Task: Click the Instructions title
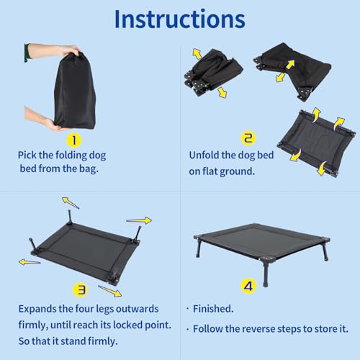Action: coord(180,19)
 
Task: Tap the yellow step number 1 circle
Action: coord(74,140)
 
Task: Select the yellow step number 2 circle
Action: coord(248,138)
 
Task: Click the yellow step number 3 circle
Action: coord(81,290)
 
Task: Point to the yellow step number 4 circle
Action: coord(248,286)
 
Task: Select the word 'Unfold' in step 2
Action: coord(204,155)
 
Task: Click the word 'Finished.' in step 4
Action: coord(213,309)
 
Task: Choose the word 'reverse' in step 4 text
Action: coord(256,329)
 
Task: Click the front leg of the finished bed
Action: coord(266,272)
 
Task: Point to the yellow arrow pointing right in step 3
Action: coord(139,220)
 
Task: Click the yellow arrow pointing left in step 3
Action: coord(30,262)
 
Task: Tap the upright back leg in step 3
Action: coord(70,217)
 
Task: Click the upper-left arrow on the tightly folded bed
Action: coord(197,54)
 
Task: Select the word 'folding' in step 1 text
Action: coord(72,156)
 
